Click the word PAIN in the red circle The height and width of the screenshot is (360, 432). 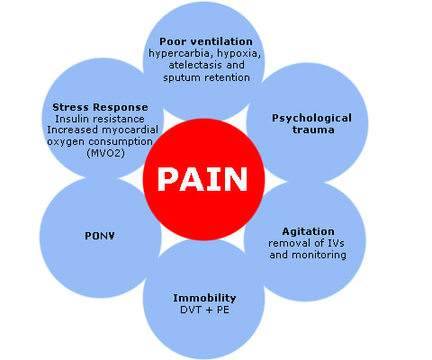[202, 179]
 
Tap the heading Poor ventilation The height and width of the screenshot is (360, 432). [206, 41]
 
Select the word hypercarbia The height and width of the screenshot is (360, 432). [179, 54]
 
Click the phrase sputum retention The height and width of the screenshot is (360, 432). [206, 77]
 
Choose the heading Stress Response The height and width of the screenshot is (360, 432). [100, 107]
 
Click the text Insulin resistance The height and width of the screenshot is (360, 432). [100, 119]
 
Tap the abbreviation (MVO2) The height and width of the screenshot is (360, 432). [105, 153]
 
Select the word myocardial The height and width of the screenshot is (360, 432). [130, 130]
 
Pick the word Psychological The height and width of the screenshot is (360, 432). [311, 118]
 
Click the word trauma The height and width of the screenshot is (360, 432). [313, 130]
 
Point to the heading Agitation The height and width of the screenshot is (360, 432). [308, 231]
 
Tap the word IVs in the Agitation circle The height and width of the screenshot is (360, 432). [336, 243]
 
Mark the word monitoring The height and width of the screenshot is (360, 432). [319, 256]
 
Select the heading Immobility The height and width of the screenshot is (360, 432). [204, 298]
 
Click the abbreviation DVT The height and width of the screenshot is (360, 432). [190, 310]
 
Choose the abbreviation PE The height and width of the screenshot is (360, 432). [223, 310]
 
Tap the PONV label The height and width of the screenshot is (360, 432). [100, 236]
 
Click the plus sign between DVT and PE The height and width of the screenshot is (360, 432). [208, 310]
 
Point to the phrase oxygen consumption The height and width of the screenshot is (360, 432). [100, 141]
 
